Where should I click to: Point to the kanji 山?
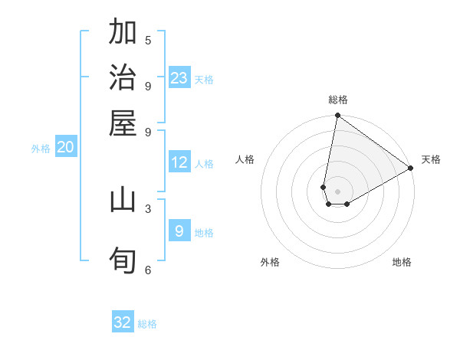(x=123, y=200)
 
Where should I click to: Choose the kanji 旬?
(x=123, y=260)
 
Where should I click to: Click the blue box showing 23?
(x=179, y=77)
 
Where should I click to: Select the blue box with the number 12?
(x=179, y=162)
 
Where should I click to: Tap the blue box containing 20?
(x=65, y=148)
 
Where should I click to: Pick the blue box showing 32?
(x=123, y=322)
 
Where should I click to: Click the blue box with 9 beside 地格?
(x=179, y=231)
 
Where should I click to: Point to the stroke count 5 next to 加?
(x=148, y=40)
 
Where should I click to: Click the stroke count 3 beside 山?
(x=148, y=208)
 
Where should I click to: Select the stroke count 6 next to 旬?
(x=148, y=270)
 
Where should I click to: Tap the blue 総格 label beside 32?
(x=147, y=324)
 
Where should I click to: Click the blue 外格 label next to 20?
(x=41, y=149)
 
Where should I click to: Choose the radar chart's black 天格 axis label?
(x=431, y=159)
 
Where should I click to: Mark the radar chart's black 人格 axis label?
(x=245, y=159)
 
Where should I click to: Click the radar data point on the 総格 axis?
(x=337, y=116)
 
